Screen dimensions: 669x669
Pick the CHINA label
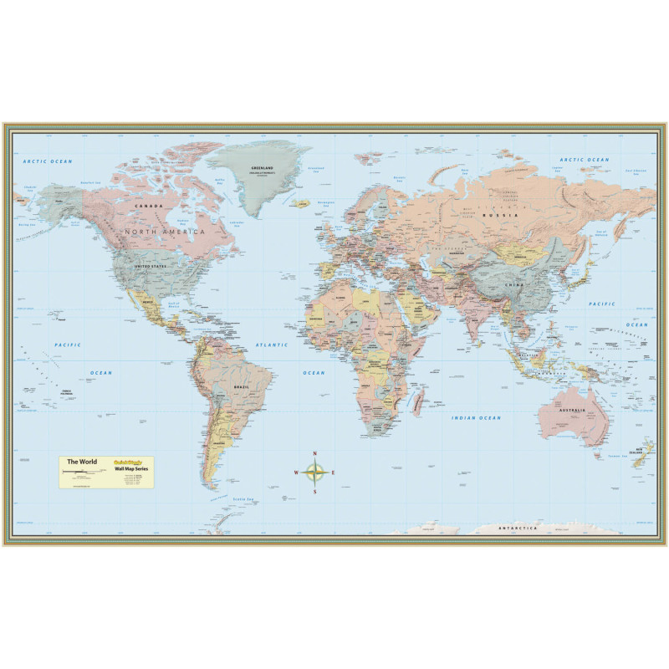(x=512, y=284)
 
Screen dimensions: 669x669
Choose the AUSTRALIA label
(x=573, y=410)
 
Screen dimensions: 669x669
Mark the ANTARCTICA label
(x=521, y=529)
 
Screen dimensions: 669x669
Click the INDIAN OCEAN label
(x=476, y=417)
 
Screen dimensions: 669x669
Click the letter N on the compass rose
(x=315, y=453)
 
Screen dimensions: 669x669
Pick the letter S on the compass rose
(x=315, y=491)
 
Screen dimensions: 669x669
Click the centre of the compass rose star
(x=315, y=472)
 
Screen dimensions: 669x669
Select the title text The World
(x=82, y=462)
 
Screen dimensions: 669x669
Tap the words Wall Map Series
(x=129, y=470)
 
